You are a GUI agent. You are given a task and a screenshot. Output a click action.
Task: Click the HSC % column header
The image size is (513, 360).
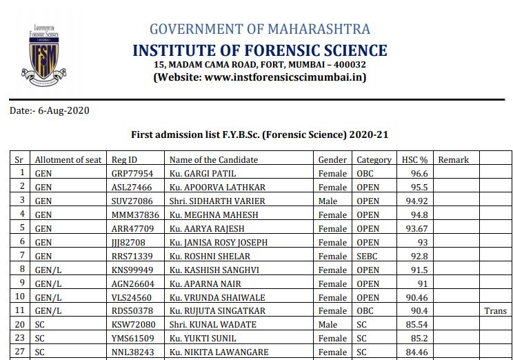(x=415, y=160)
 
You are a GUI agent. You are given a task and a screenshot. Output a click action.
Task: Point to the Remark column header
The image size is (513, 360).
(x=453, y=160)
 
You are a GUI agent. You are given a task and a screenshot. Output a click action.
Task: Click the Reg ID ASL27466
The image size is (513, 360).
(x=132, y=188)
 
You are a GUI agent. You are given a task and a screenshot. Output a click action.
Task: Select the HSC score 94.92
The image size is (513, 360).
(x=416, y=201)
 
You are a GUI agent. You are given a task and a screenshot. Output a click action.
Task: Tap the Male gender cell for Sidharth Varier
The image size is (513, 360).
(x=328, y=201)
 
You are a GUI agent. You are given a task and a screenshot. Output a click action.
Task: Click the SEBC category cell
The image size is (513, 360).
(x=368, y=256)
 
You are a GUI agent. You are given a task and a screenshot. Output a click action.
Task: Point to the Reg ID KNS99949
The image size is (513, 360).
(x=133, y=270)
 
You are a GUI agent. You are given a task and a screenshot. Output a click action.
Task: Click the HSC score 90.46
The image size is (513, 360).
(x=416, y=297)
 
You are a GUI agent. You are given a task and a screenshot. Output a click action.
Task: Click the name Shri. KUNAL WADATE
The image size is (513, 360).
(x=209, y=325)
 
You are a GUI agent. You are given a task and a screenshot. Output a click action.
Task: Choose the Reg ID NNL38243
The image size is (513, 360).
(x=133, y=352)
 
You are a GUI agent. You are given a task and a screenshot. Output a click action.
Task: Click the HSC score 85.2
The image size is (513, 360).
(x=419, y=339)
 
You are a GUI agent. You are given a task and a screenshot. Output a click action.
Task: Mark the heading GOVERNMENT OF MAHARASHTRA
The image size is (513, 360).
(x=260, y=29)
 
